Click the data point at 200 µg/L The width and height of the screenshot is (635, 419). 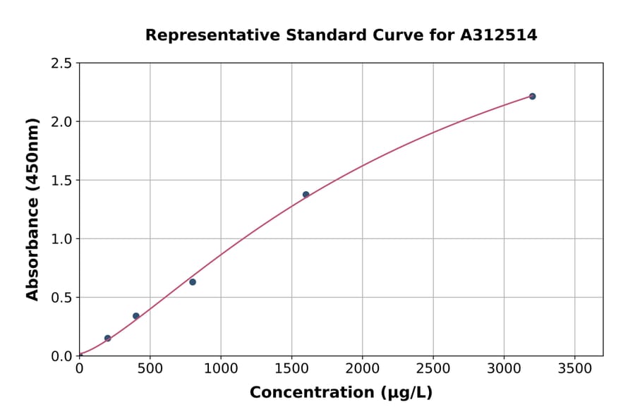107,339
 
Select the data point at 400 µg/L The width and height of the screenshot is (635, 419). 136,316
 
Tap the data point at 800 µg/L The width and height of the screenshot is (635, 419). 193,282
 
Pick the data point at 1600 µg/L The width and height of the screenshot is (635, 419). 306,195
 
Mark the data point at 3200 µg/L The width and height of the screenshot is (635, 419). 532,96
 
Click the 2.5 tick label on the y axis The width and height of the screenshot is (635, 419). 61,63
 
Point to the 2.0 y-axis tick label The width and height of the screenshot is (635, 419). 61,122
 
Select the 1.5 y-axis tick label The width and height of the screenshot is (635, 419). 61,181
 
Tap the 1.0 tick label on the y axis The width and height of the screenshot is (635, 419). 61,239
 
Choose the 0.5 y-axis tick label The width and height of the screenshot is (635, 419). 61,298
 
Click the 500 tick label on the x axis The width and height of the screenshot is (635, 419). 150,368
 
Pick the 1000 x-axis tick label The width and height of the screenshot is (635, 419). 221,368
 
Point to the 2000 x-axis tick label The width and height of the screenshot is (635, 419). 363,368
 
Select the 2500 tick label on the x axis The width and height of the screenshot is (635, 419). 433,368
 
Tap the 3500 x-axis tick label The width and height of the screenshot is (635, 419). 574,368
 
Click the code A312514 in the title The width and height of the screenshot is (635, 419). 499,35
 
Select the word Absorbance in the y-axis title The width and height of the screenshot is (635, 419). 32,248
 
